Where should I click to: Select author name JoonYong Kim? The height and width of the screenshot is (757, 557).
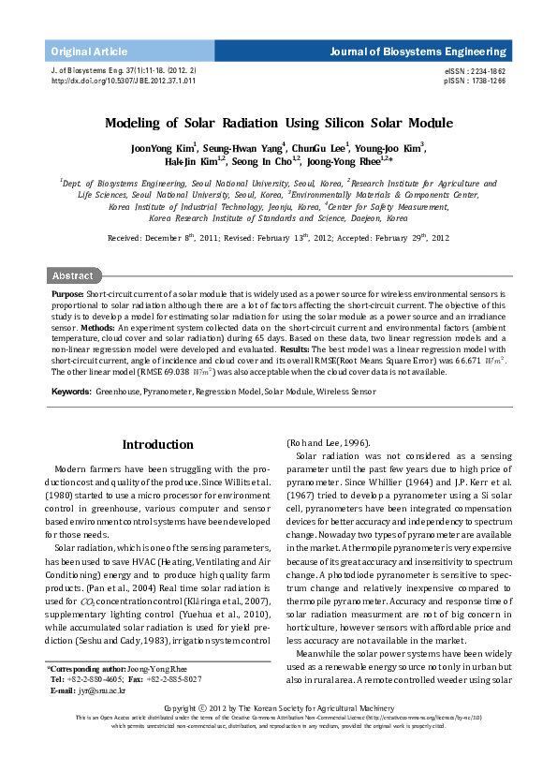point(163,148)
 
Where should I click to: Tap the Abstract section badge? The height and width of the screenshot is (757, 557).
point(73,275)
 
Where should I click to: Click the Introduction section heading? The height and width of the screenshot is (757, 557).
point(158,444)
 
